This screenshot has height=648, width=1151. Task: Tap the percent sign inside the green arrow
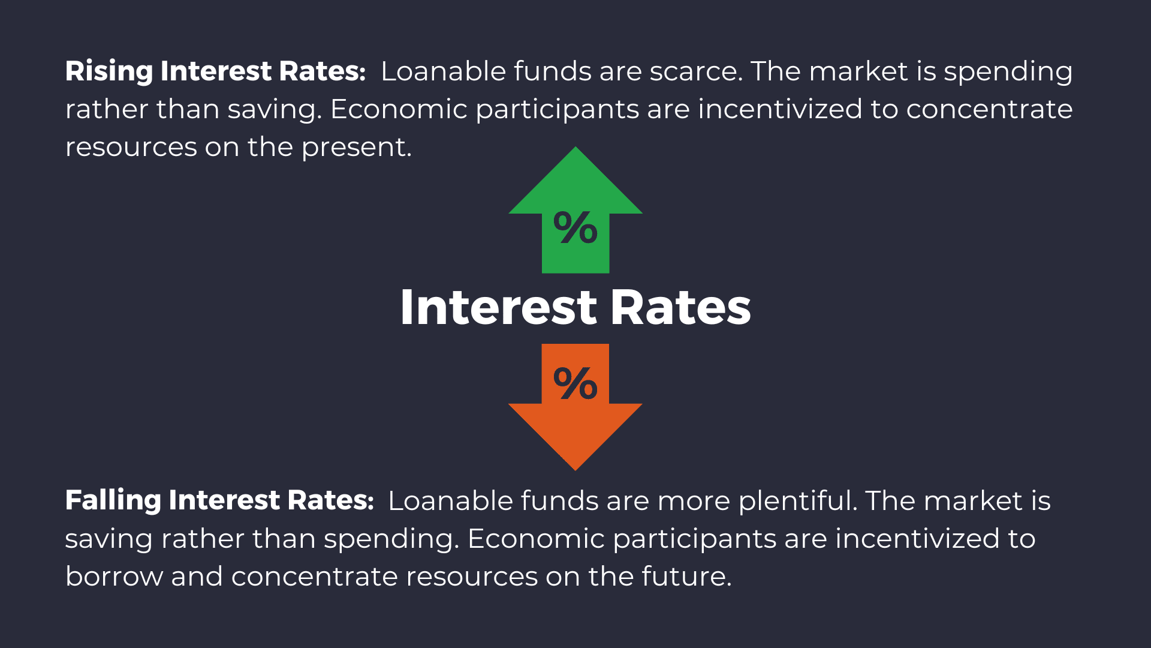[x=575, y=228]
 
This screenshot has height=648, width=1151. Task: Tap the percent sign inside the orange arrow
[x=575, y=383]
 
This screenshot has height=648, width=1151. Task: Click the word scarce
[x=695, y=71]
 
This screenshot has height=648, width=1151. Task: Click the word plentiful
[x=797, y=500]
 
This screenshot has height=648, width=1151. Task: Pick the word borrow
[x=114, y=577]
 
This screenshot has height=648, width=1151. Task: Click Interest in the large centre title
[x=498, y=308]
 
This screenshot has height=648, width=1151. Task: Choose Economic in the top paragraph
[x=399, y=109]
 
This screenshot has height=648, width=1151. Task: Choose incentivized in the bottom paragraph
[x=917, y=538]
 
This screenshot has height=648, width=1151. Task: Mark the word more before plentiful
[x=693, y=500]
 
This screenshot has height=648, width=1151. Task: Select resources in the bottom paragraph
[x=472, y=577]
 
